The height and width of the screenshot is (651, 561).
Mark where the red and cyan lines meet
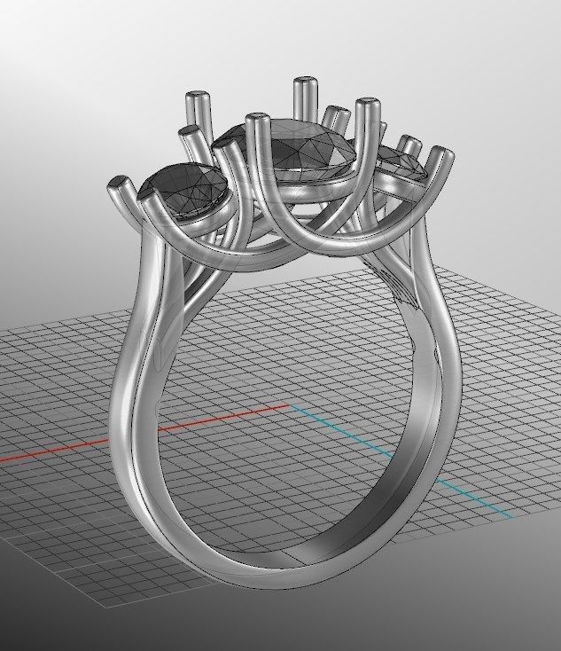click(290, 407)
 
